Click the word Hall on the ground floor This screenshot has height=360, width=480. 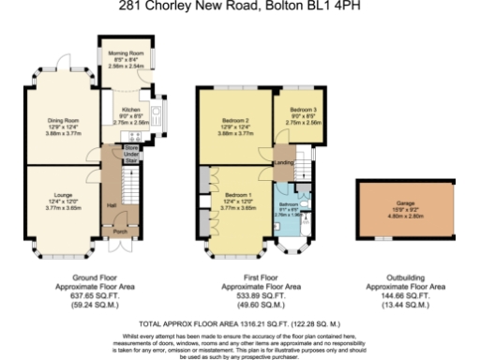click(111, 205)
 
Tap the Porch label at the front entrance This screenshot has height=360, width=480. click(120, 231)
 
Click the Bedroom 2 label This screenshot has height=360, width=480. click(236, 121)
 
